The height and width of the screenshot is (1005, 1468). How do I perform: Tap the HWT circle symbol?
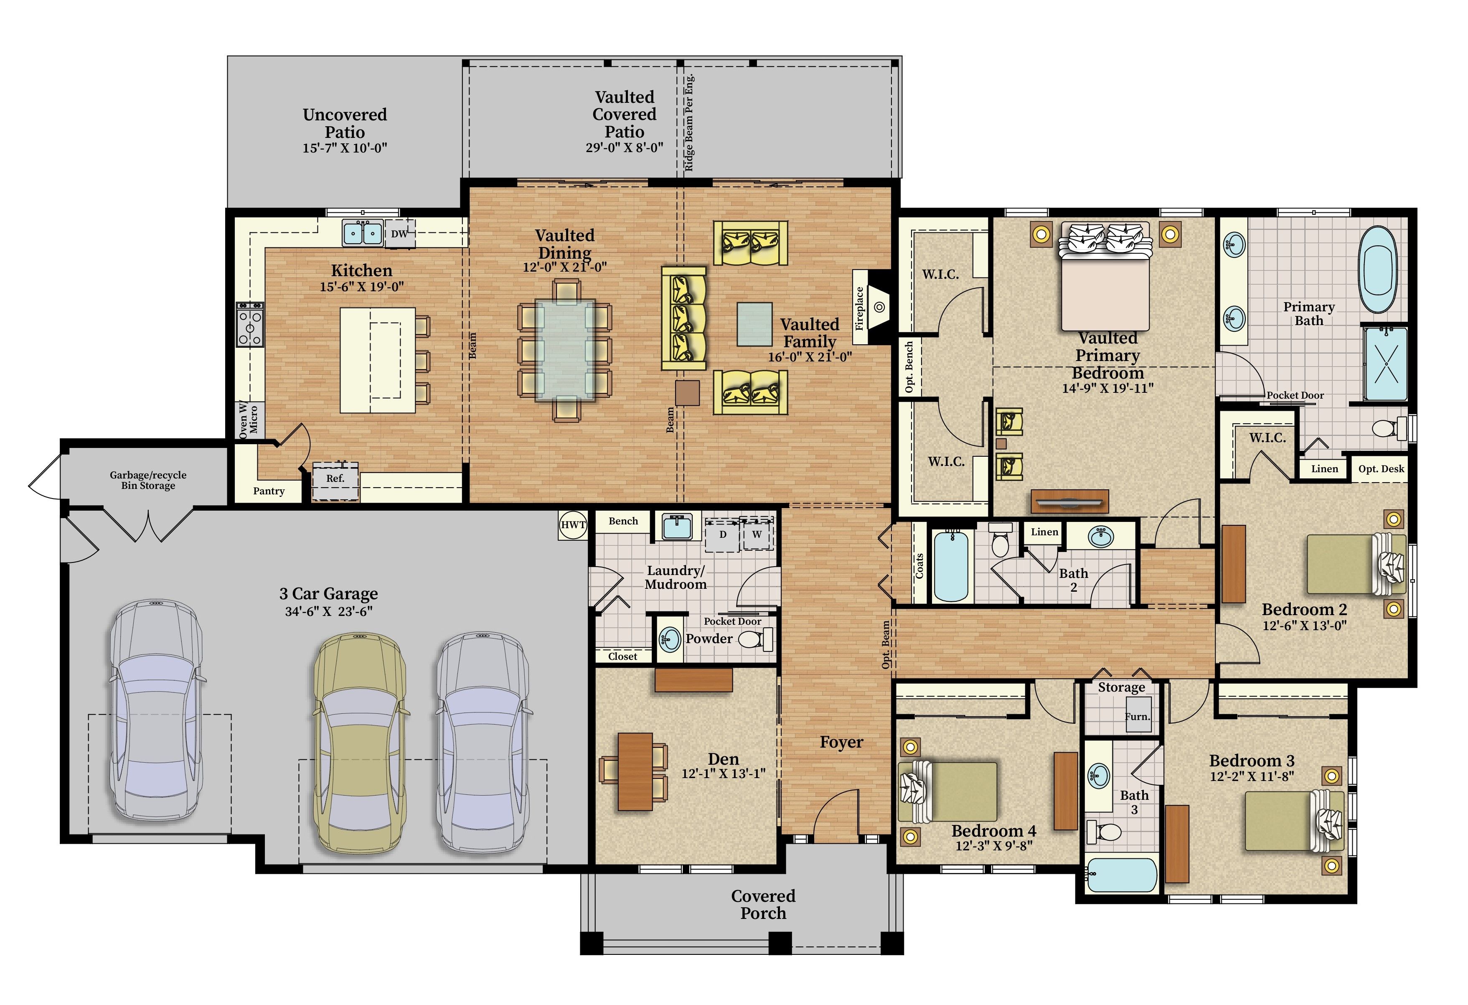point(573,525)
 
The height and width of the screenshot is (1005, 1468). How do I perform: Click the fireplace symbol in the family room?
point(878,307)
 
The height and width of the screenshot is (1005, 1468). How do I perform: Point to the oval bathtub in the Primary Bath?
point(1378,270)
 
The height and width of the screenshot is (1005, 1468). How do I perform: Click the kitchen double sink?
point(363,233)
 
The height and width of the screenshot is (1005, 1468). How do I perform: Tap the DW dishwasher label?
point(399,234)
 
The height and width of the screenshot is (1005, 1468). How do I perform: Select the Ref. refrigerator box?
point(335,479)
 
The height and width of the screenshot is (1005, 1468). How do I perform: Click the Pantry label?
point(269,491)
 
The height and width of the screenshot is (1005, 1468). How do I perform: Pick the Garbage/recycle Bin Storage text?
point(148,480)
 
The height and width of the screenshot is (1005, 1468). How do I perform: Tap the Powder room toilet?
point(754,640)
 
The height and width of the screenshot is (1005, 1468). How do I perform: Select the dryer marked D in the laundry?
point(723,534)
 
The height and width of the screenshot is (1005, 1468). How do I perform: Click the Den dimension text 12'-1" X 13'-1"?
point(723,774)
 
